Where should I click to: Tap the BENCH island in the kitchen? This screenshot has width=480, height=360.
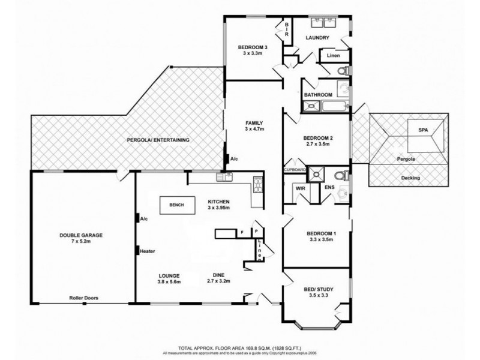pyautogui.click(x=176, y=205)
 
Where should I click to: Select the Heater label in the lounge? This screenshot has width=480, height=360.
pyautogui.click(x=149, y=251)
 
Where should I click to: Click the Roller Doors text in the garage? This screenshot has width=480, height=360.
pyautogui.click(x=84, y=297)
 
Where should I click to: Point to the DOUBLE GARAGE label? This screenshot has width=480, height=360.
pyautogui.click(x=81, y=235)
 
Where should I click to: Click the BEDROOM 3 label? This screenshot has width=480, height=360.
pyautogui.click(x=253, y=47)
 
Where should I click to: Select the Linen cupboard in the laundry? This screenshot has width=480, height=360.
pyautogui.click(x=334, y=56)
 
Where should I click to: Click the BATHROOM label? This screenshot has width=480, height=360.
pyautogui.click(x=318, y=95)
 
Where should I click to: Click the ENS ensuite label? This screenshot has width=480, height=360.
pyautogui.click(x=329, y=188)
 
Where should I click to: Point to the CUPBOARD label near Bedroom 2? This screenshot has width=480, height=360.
pyautogui.click(x=295, y=170)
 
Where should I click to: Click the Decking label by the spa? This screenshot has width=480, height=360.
pyautogui.click(x=410, y=178)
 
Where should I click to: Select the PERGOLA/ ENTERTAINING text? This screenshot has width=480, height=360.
pyautogui.click(x=158, y=140)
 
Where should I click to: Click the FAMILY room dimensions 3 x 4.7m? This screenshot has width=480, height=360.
pyautogui.click(x=254, y=129)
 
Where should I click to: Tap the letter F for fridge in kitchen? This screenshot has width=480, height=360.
pyautogui.click(x=241, y=231)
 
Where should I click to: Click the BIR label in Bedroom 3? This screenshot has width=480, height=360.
pyautogui.click(x=287, y=29)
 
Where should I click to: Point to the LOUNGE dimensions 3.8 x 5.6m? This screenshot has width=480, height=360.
pyautogui.click(x=169, y=281)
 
